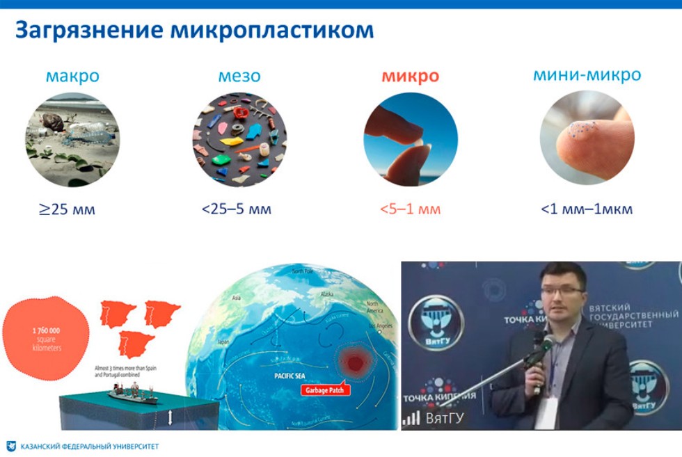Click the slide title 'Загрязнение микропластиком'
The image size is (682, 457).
(194, 31)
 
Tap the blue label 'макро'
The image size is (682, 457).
(72, 75)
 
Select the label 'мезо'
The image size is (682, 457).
(239, 75)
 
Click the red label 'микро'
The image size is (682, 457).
(410, 76)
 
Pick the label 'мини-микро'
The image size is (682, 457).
(587, 74)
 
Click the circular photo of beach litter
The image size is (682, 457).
(72, 139)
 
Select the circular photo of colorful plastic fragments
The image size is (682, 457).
(239, 139)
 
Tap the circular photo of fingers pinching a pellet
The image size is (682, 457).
(411, 139)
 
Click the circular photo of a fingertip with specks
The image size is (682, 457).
(587, 139)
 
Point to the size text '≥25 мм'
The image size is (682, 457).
(67, 209)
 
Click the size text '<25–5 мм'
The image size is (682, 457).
(237, 209)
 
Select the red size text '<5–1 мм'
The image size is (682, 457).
(410, 209)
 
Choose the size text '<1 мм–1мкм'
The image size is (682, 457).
(587, 209)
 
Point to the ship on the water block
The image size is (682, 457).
(132, 396)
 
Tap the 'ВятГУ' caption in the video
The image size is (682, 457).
(445, 418)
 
